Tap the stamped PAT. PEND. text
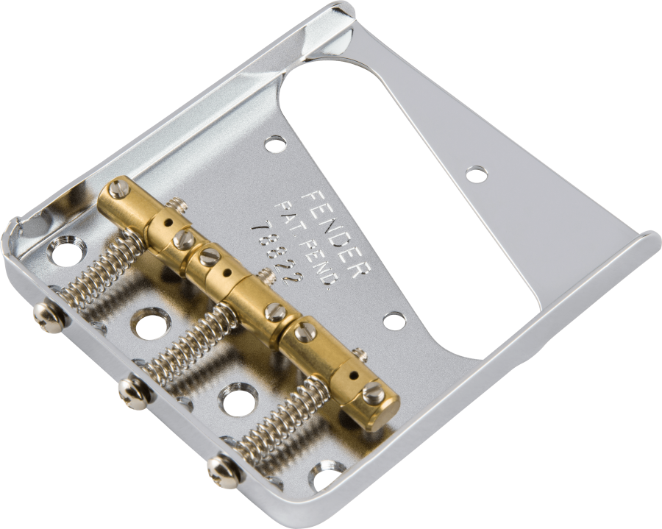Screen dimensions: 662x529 coord(307,248)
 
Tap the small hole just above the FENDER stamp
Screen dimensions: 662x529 coord(275,144)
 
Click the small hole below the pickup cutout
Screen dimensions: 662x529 coord(395,322)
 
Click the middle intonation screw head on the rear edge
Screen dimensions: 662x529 coord(135,393)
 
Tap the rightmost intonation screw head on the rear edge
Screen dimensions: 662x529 coord(224,469)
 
